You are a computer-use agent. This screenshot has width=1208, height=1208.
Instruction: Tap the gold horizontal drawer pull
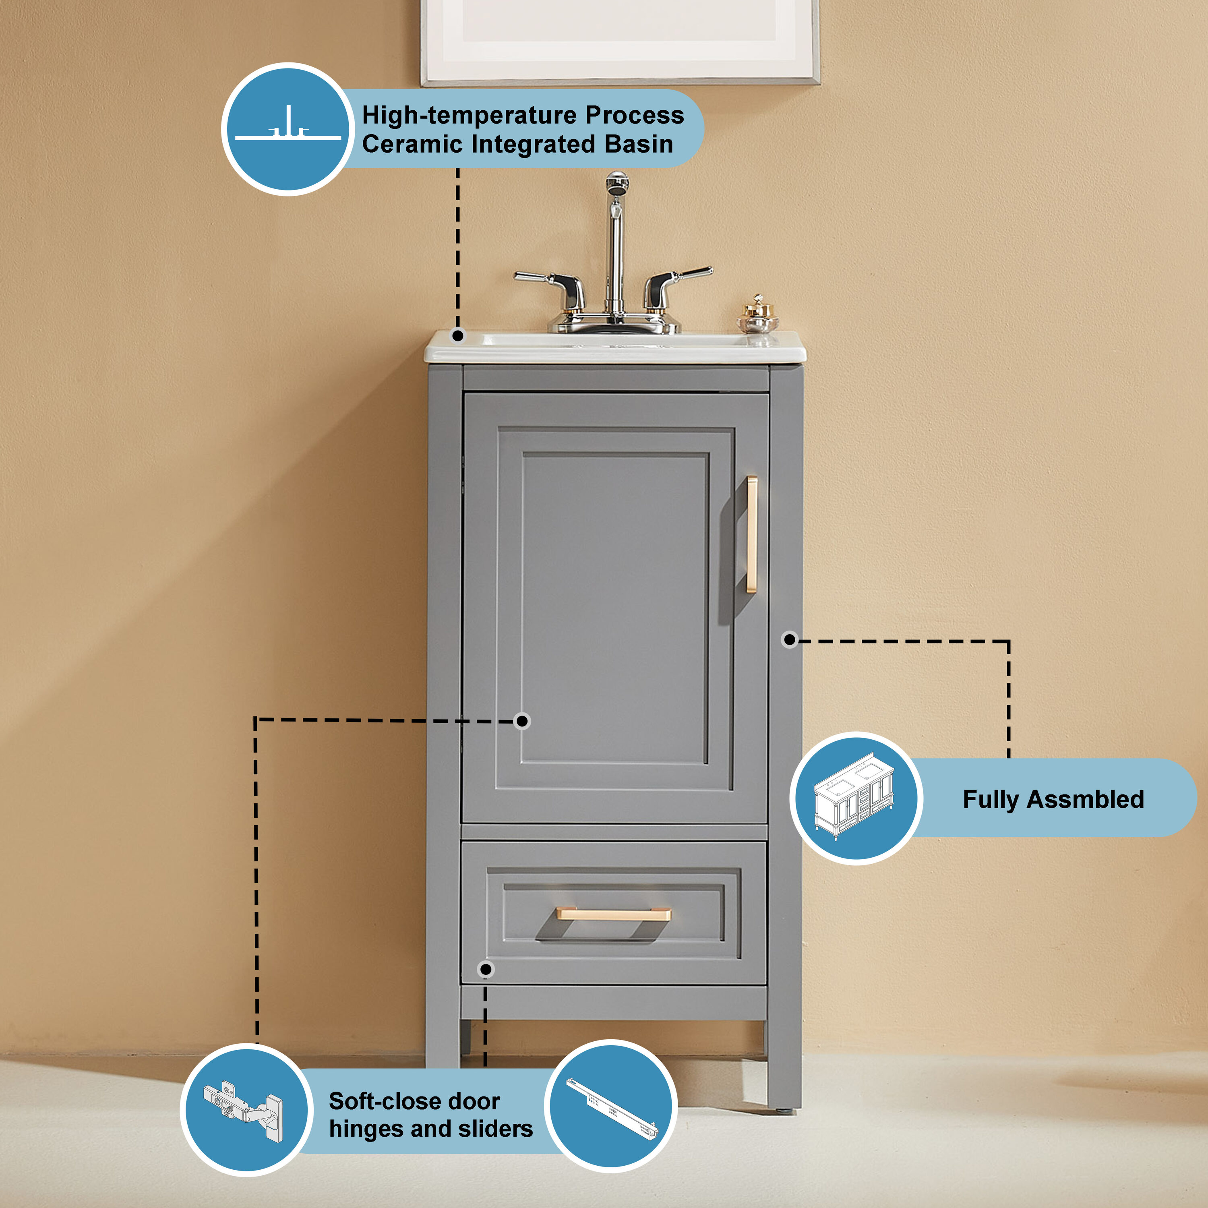(x=613, y=914)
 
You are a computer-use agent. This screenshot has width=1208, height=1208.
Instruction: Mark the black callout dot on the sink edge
(x=458, y=336)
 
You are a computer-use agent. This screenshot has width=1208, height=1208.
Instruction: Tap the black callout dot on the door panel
(x=522, y=721)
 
